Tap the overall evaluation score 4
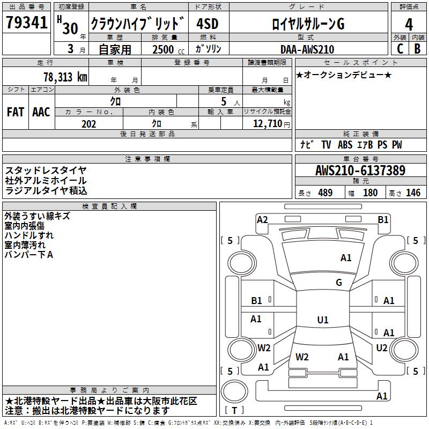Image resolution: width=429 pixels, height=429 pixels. (x=409, y=24)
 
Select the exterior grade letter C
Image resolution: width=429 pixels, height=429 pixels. (x=400, y=49)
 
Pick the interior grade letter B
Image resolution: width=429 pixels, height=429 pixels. (x=418, y=49)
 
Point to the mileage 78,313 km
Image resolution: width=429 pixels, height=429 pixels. (x=65, y=77)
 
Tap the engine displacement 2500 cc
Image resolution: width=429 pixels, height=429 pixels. (x=164, y=49)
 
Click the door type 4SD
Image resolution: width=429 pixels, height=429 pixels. (x=208, y=24)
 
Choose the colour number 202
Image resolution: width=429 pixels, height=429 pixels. (x=89, y=124)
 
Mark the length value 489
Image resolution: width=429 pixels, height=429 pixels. (x=325, y=193)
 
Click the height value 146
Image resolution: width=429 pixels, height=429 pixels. (x=413, y=193)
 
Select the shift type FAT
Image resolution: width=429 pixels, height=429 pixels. (x=16, y=112)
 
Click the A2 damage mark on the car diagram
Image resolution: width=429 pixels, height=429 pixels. (x=262, y=219)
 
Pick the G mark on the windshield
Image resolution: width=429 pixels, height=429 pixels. (x=338, y=283)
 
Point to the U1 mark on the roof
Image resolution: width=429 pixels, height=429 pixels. (x=322, y=320)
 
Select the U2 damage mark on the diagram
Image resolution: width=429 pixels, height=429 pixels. (x=382, y=347)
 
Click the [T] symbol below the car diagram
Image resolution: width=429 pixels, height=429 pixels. (x=235, y=411)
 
